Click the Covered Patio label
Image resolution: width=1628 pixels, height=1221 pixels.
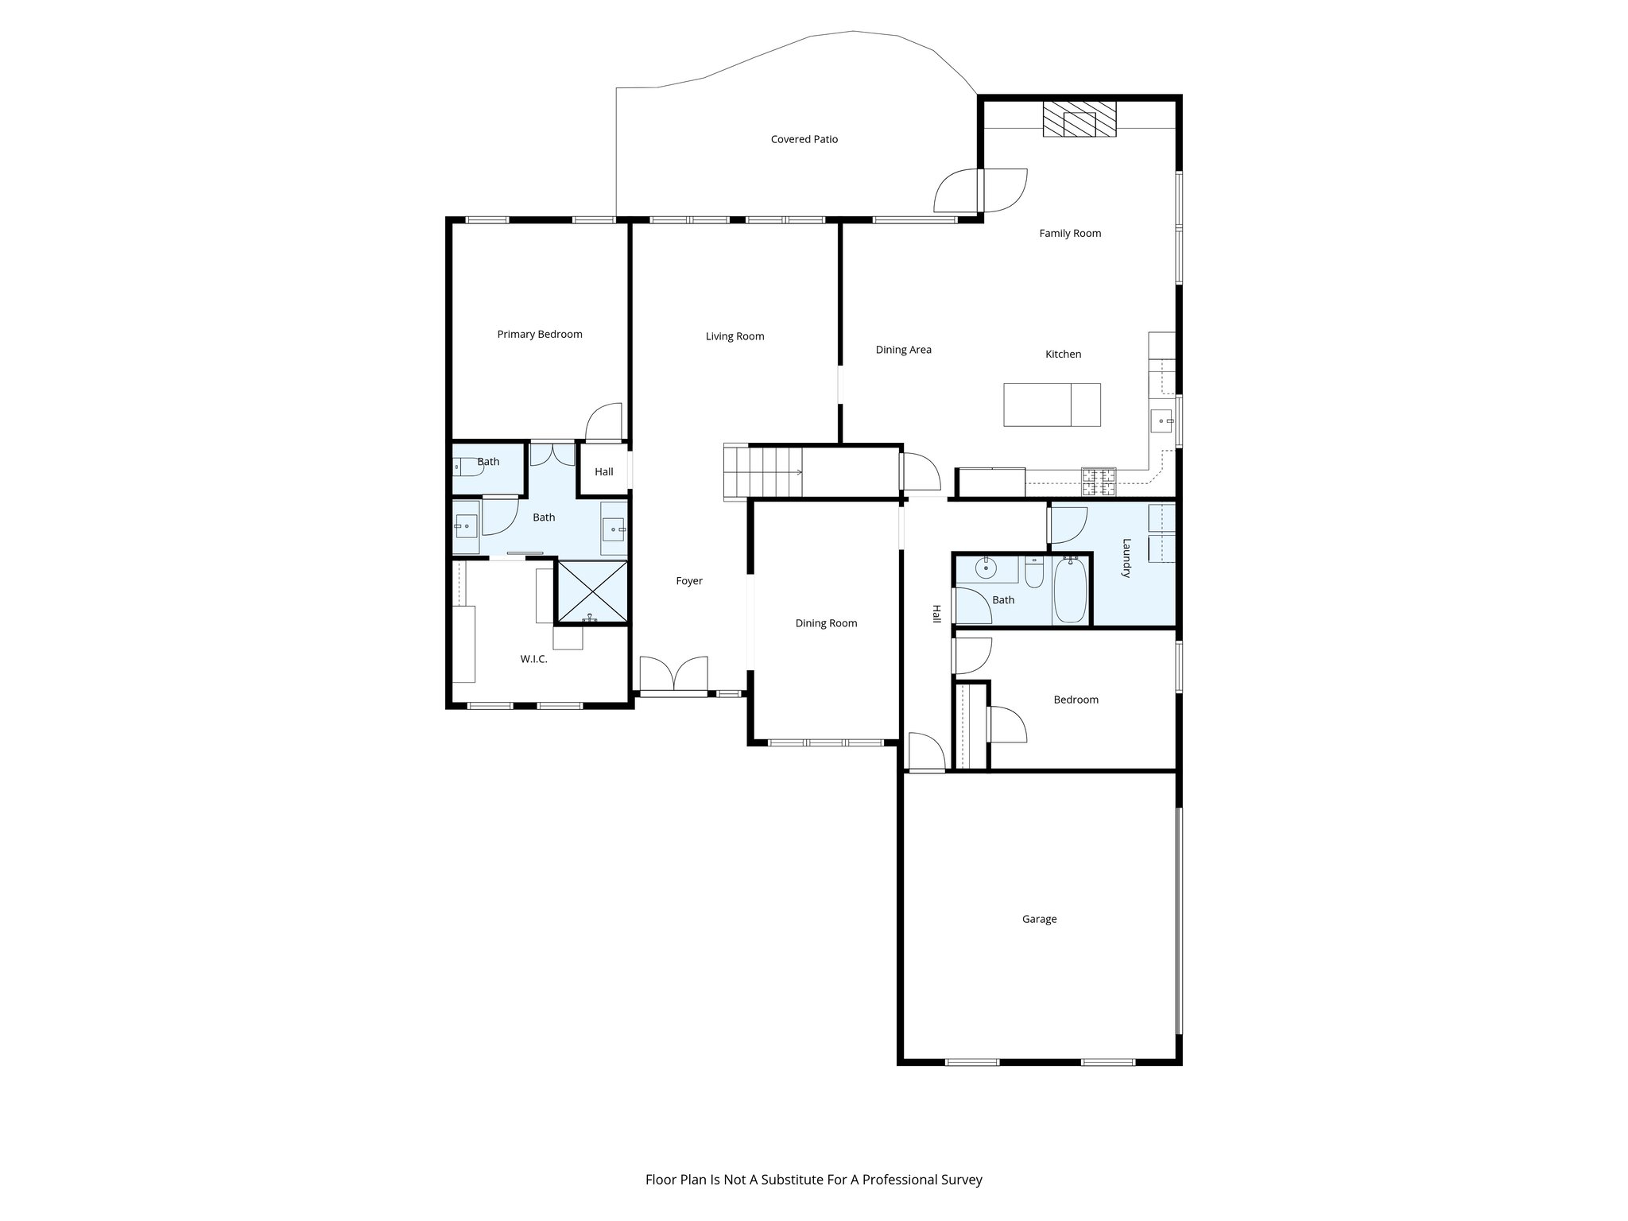coord(804,139)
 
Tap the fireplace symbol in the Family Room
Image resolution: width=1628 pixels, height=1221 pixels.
coord(1079,120)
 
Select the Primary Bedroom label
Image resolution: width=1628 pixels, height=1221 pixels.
coord(539,334)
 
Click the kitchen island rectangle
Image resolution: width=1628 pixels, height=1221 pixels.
coord(1051,405)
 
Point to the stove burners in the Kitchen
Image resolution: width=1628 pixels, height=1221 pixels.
coord(1098,483)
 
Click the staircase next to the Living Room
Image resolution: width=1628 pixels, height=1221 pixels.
coord(763,472)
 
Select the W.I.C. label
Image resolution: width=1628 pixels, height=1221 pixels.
coord(533,659)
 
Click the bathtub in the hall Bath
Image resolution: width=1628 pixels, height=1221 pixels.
coord(1069,591)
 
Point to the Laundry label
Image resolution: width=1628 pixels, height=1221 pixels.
coord(1126,558)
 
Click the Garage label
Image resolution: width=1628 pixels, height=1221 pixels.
coord(1039,919)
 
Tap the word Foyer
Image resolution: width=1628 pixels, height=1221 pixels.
coord(689,581)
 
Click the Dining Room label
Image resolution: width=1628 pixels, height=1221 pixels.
coord(826,623)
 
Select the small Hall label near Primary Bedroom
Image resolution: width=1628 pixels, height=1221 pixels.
coord(603,471)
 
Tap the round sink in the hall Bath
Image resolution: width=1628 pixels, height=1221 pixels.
coord(986,568)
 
